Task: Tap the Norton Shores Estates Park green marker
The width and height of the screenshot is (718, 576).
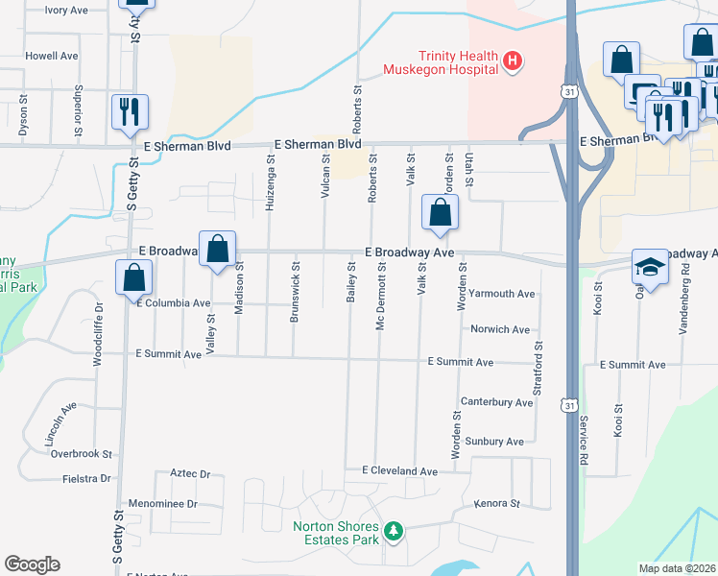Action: coord(392,531)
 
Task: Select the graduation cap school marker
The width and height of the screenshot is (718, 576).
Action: coord(650,268)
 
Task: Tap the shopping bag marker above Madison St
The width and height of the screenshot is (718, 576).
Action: coord(218,249)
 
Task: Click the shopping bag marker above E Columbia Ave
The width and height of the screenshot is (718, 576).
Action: coord(133,278)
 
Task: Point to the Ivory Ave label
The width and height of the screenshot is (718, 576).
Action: coord(66,10)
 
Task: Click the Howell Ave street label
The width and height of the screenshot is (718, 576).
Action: coord(52,56)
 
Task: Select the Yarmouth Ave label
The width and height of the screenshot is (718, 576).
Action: coord(502,294)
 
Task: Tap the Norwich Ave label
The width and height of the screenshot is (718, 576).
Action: coord(500,329)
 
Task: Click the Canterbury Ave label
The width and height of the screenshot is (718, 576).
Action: coord(496,402)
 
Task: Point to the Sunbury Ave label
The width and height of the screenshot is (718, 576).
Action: coord(496,442)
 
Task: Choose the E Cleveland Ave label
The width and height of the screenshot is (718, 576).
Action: coord(399,471)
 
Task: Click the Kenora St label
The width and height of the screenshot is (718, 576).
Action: coord(496,503)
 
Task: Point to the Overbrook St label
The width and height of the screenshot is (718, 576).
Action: coord(82,453)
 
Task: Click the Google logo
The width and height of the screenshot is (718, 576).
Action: coord(33,564)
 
